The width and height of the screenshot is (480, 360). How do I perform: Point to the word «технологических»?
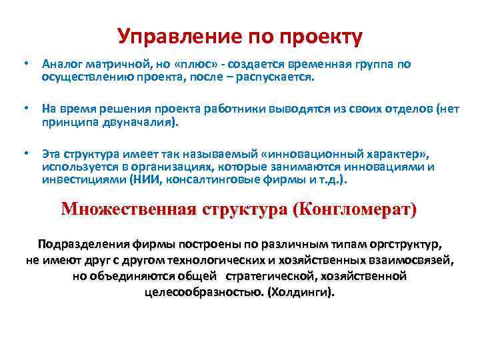(x=223, y=260)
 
